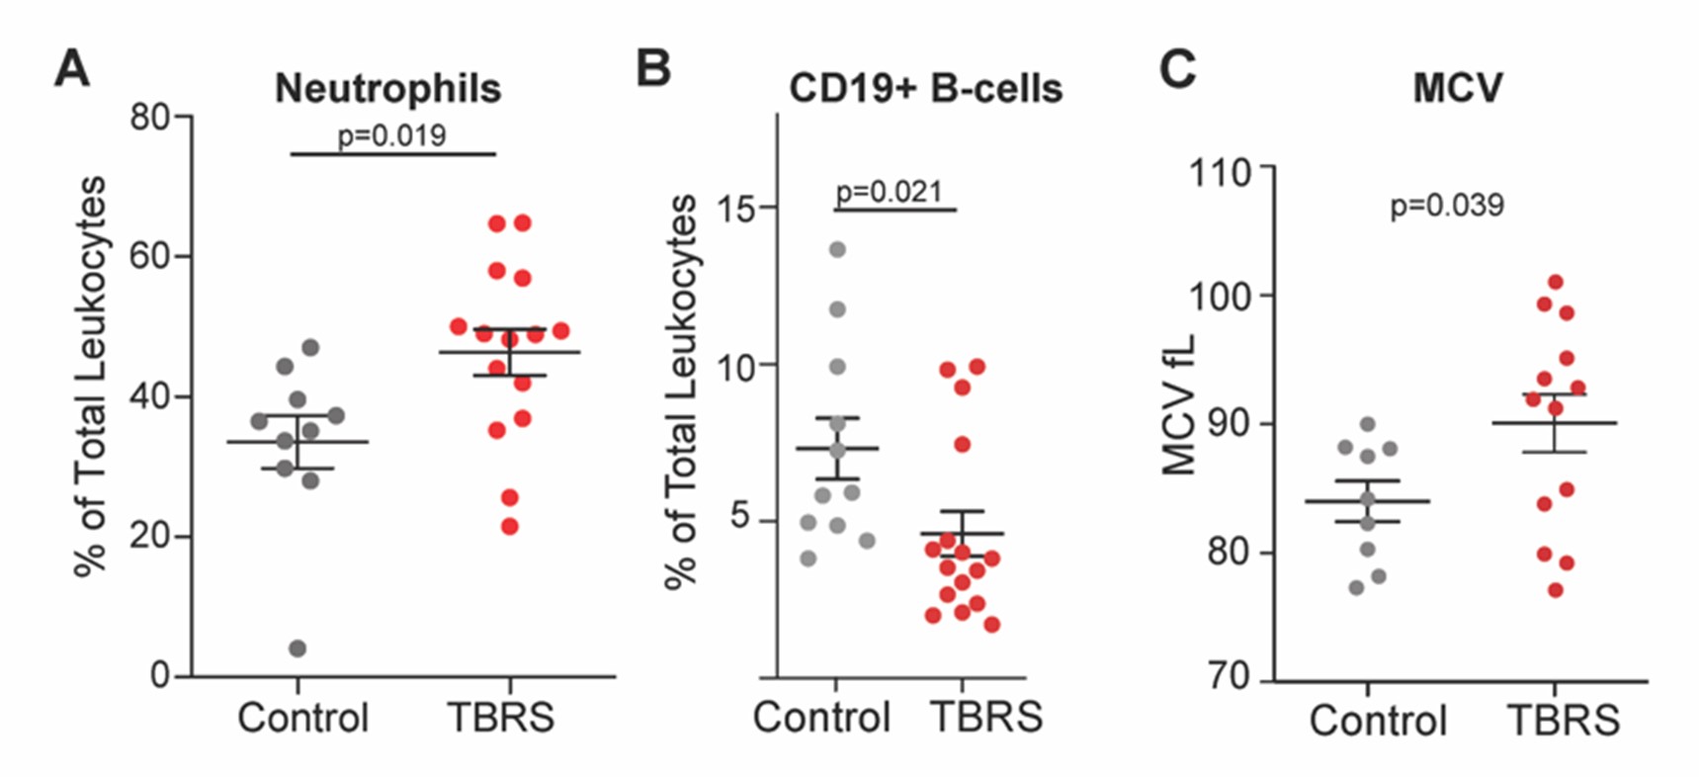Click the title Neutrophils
tap(387, 89)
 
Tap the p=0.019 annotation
tap(392, 135)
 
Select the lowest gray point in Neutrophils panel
tap(297, 648)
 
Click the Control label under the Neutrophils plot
tap(302, 718)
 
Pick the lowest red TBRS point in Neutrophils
tap(510, 527)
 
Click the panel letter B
tap(652, 69)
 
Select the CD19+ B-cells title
tap(925, 89)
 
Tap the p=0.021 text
tap(889, 192)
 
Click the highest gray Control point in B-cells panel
tap(837, 249)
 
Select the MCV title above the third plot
tap(1457, 89)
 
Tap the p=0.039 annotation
tap(1446, 206)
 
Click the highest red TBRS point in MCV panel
tap(1555, 283)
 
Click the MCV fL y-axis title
tap(1179, 405)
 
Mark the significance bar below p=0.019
tap(392, 154)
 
